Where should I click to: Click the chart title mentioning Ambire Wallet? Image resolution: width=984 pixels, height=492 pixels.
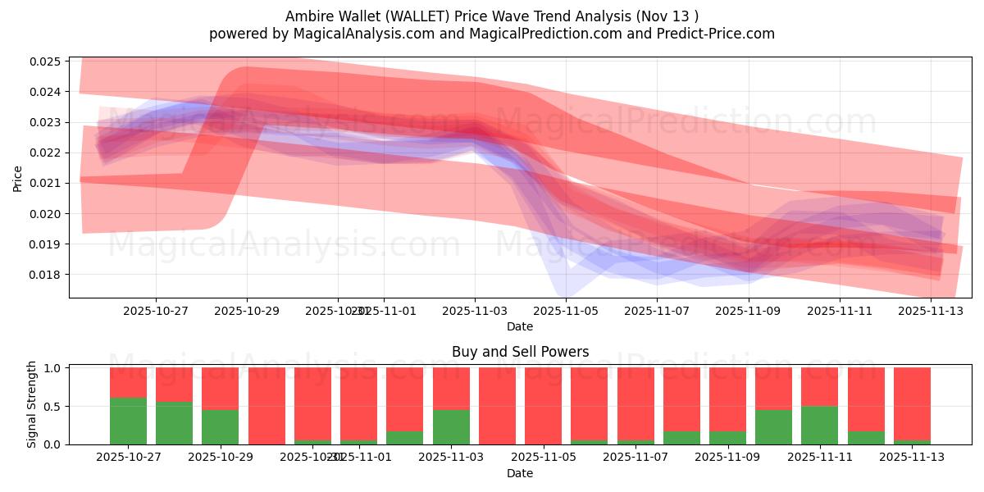[492, 16]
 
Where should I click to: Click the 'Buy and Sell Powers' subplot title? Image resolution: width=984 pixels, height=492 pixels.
[520, 353]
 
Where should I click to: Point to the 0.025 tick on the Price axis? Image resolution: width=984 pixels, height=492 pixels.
[48, 61]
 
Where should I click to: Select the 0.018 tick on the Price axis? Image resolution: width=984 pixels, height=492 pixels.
[48, 275]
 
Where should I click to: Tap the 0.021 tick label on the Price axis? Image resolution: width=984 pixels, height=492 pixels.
[48, 183]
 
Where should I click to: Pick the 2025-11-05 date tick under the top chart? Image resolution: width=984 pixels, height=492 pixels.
[566, 312]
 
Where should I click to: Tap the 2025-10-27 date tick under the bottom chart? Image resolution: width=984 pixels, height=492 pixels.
[129, 458]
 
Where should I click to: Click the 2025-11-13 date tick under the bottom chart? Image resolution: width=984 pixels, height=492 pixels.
[912, 458]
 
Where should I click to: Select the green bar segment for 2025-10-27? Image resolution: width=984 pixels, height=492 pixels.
[129, 421]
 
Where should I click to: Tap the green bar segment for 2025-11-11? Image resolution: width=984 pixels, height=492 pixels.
[819, 425]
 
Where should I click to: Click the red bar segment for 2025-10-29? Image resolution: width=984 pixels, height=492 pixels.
[221, 388]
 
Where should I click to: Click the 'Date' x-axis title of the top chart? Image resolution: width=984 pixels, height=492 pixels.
[520, 327]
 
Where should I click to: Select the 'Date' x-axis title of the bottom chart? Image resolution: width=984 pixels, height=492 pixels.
[520, 473]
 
